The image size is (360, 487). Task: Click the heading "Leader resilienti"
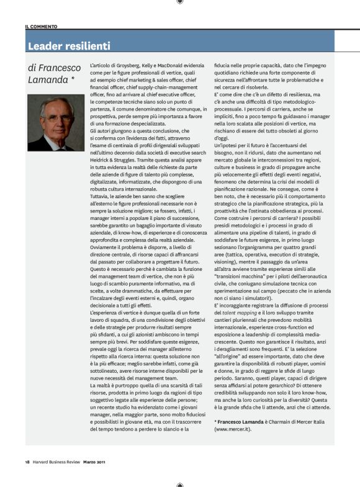pyautogui.click(x=70, y=46)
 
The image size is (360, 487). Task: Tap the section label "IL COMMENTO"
pyautogui.click(x=42, y=27)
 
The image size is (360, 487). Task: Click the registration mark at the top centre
pyautogui.click(x=179, y=3)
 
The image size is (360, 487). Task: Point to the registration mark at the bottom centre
pyautogui.click(x=179, y=483)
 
